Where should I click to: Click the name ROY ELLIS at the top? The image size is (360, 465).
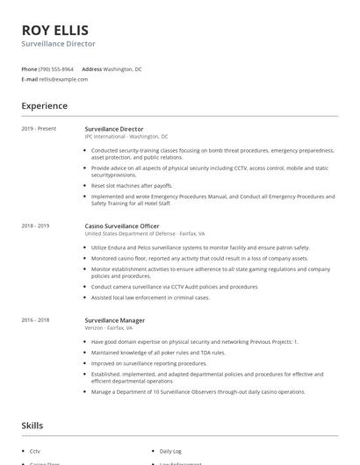point(54,29)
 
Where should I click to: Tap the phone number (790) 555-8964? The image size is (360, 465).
point(56,68)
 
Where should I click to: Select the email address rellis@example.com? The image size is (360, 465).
point(63,79)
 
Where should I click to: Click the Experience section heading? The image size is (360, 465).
point(44,106)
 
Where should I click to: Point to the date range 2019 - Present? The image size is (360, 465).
point(39,129)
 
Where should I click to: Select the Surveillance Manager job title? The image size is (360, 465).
point(114,321)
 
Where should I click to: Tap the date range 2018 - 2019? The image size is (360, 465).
point(36,226)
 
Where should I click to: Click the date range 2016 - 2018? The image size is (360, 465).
point(36,321)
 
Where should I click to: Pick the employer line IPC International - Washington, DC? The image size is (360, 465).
point(126,137)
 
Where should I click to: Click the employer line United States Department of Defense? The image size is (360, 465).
point(145,234)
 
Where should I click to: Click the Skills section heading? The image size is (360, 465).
point(32,426)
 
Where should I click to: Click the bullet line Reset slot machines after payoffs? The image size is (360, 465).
point(132,186)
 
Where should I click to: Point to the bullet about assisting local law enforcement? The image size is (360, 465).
point(150,297)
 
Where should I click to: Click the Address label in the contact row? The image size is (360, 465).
point(91,68)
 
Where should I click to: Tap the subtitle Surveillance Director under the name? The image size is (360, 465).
point(59,43)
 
